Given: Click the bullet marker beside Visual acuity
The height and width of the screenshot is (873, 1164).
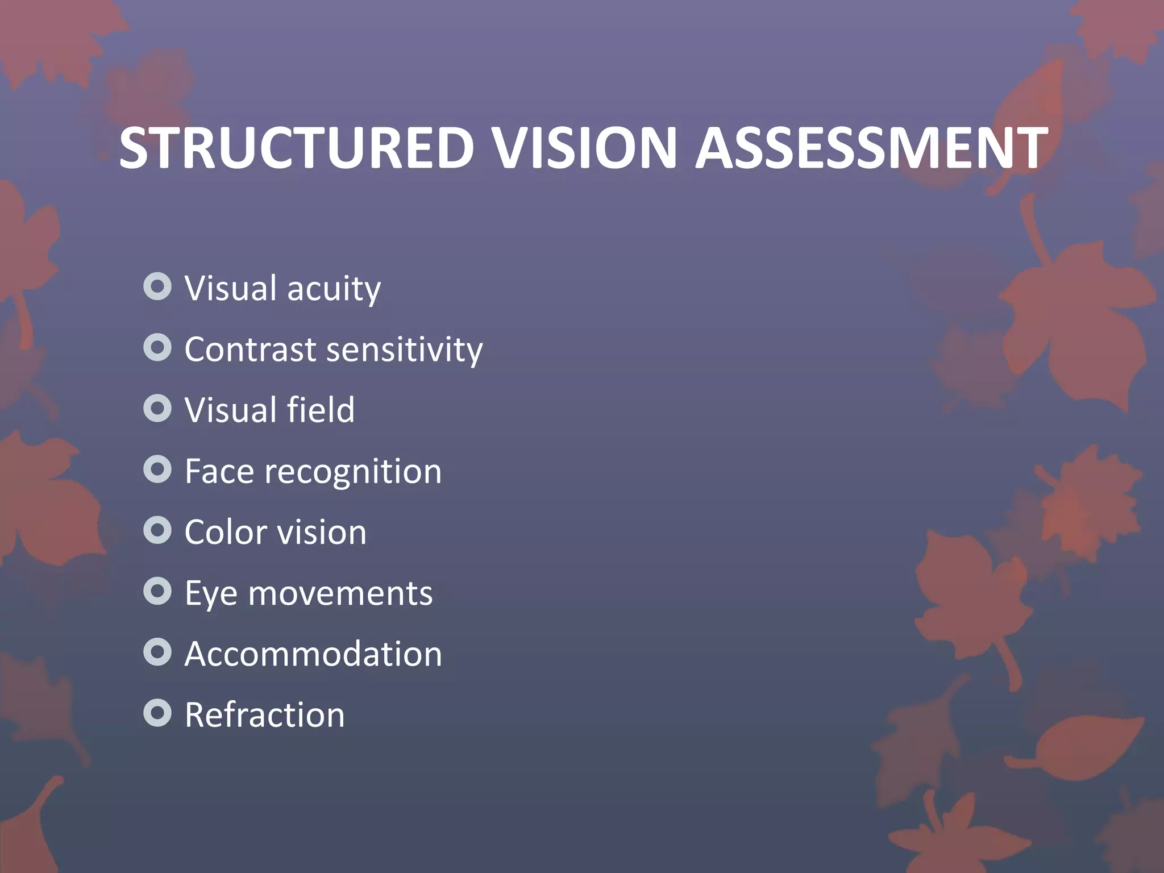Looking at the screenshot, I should coord(157,287).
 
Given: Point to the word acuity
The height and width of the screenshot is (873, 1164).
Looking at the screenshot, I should coord(334,289).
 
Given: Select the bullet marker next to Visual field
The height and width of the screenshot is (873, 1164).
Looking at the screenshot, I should coord(157,409).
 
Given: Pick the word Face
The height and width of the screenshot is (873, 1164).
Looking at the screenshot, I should coord(219,471).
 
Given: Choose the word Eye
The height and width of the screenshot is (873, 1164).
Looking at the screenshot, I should coord(211,595).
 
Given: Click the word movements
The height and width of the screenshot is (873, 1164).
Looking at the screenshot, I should coord(340,594).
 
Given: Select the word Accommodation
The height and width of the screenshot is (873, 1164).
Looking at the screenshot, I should coord(313,654).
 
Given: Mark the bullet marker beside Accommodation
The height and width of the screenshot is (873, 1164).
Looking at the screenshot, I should coord(157,652).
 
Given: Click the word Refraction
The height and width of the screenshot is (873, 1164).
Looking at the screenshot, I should coord(265,715).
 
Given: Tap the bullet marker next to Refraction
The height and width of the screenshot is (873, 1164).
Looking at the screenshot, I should coord(157,713).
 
